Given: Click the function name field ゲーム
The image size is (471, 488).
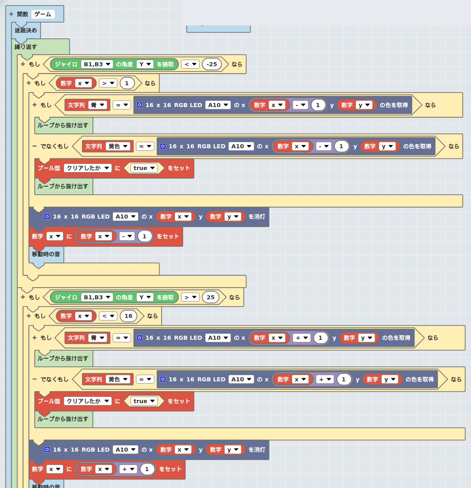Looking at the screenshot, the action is (43, 14).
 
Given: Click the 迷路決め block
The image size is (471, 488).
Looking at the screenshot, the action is (25, 30).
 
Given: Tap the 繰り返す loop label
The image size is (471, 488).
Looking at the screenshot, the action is (25, 46).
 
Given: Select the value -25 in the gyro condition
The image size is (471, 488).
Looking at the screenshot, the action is (212, 64).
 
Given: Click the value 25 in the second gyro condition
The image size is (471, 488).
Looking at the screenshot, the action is (210, 297).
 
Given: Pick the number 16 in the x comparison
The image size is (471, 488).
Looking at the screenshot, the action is (128, 316).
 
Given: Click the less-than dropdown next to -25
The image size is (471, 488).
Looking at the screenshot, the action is (190, 64).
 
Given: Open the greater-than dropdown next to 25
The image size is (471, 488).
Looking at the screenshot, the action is (190, 297).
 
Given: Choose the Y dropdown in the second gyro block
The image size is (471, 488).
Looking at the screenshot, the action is (145, 297).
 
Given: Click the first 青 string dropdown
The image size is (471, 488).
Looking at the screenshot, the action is (98, 105).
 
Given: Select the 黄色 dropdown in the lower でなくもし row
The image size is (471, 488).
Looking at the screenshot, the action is (118, 379).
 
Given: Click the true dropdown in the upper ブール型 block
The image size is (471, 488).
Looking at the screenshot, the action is (144, 168).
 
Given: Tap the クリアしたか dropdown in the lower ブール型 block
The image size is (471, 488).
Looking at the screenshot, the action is (88, 401).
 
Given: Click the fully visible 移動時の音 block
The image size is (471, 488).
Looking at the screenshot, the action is (46, 254).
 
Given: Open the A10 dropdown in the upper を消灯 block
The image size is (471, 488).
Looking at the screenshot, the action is (125, 217).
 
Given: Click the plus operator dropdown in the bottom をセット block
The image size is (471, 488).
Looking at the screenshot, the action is (128, 469).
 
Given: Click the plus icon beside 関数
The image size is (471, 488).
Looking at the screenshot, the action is (11, 14).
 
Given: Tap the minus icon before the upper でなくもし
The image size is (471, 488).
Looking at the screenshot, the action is (35, 146).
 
